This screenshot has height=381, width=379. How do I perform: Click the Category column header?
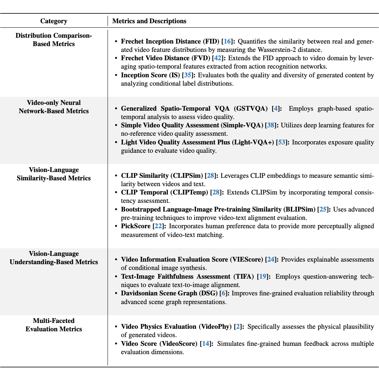coord(54,21)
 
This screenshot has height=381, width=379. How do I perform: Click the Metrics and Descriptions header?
coord(149,21)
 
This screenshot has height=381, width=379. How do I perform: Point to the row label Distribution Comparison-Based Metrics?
coord(54,40)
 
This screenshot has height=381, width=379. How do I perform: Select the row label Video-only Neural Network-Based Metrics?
coord(54,107)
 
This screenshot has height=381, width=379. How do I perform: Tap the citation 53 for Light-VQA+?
coord(281,142)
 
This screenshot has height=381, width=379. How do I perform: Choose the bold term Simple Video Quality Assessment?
coord(192,125)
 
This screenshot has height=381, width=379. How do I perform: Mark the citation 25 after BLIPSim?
coord(323,209)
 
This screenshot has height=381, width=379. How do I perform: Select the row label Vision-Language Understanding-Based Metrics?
coord(54,258)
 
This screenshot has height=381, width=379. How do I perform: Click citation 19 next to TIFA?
coord(263,276)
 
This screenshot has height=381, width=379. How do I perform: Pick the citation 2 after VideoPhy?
coord(238,327)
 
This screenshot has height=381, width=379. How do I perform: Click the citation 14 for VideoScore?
coord(206,343)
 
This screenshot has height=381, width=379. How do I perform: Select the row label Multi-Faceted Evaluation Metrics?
coord(54,325)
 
